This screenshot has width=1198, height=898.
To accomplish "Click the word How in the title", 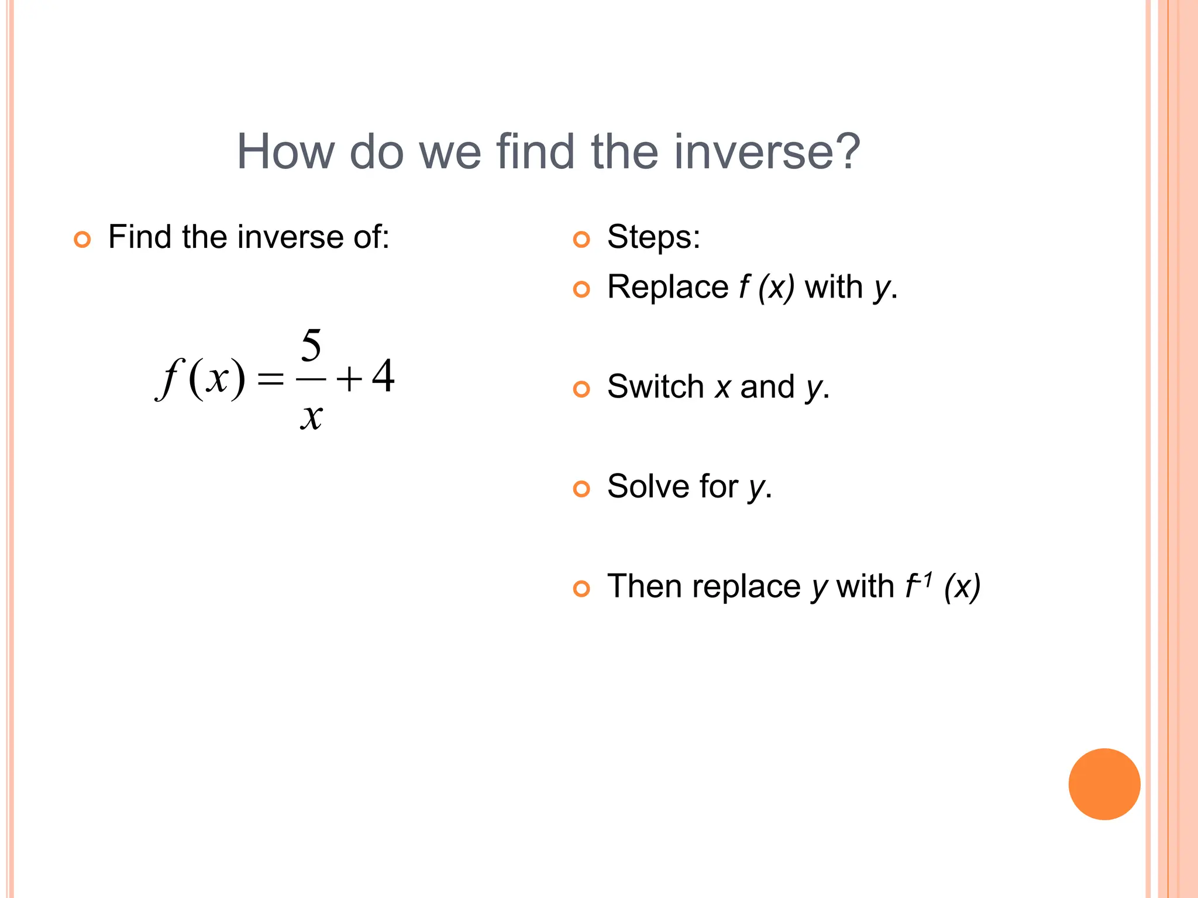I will point(285,152).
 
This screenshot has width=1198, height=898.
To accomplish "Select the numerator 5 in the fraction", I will point(311,346).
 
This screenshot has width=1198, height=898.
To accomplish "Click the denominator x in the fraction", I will point(311,417).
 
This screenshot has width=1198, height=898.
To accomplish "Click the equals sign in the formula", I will point(270,379).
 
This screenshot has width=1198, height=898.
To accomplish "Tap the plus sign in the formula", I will point(349,379).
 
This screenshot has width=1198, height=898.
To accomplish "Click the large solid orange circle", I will point(1104,784).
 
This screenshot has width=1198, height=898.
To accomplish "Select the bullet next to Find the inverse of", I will point(82,240).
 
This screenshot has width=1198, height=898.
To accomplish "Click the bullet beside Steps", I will point(581,240).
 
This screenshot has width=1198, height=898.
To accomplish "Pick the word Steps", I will point(653,237).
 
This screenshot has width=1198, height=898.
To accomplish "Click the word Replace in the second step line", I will point(667,287).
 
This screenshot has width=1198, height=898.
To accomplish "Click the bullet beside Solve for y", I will point(581,489).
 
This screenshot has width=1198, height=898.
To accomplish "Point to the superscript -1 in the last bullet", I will point(924,579).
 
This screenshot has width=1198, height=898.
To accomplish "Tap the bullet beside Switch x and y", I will point(581,389).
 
